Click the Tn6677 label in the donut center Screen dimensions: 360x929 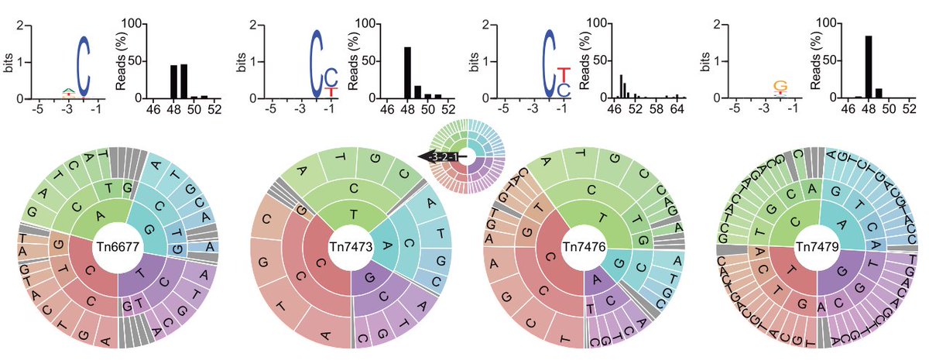click(x=118, y=246)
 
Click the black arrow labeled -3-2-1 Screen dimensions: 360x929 click(x=439, y=157)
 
